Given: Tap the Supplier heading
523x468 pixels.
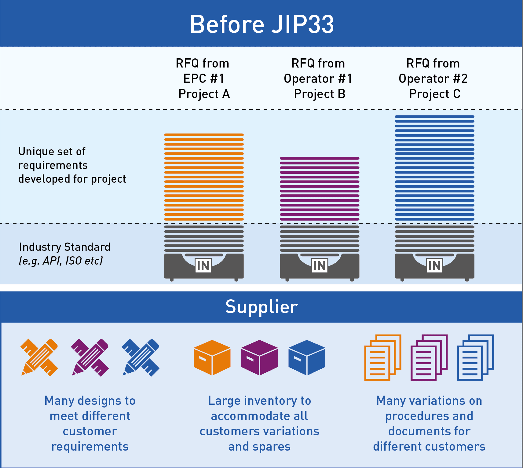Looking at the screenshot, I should coord(261,307).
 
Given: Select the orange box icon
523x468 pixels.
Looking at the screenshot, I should coord(212,357).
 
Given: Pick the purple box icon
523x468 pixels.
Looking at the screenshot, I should coord(259,357).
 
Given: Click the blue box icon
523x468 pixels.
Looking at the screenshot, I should coord(307,357).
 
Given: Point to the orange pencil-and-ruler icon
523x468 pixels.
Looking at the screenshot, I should coord(39,357).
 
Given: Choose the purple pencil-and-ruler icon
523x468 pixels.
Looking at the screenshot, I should coord(90,357).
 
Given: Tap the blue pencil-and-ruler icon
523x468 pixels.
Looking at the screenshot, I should coord(141,357).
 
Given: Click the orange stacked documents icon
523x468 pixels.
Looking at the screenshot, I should coord(382,357).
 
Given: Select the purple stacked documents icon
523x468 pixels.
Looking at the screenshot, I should coord(429,357).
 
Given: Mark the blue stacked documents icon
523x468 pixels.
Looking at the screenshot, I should coord(475,357).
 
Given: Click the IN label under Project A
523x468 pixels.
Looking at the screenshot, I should coord(203,266).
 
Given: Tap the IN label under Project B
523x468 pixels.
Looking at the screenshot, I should coord(320,266).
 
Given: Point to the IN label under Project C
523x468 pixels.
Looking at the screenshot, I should coord(434,266).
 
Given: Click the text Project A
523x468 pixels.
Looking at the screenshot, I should coord(204,94).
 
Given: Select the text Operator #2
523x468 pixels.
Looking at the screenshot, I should coord(433,79).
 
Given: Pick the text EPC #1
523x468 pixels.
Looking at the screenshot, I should coord(204,79).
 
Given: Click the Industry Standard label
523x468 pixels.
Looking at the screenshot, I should coord(64,247).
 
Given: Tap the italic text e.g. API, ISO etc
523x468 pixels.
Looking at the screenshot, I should coord(61,261).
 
